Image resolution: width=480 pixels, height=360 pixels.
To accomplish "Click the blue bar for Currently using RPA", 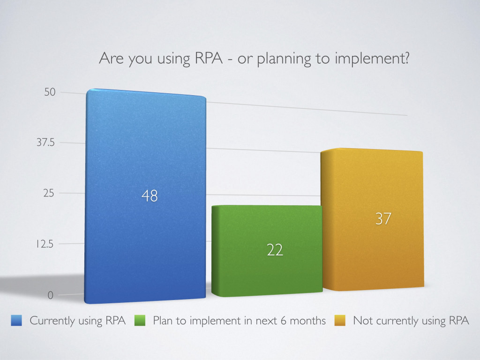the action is (x=145, y=196).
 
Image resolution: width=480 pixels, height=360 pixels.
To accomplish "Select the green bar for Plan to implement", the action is (x=267, y=251).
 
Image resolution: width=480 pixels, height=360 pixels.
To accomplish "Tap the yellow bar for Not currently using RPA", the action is (x=372, y=219).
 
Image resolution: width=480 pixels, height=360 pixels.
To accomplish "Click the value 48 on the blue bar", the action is (x=150, y=196).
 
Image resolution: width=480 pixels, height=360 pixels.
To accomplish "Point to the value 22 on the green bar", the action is (x=275, y=250).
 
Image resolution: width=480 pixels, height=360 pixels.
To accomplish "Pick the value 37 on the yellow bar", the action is (x=383, y=219).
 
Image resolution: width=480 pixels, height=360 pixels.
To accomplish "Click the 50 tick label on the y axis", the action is (x=50, y=92).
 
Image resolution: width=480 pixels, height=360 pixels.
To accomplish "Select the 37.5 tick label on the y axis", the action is (x=45, y=142).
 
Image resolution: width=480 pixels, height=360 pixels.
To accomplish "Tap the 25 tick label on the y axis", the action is (x=49, y=193).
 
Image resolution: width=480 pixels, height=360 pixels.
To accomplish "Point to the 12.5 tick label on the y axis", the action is (x=45, y=244).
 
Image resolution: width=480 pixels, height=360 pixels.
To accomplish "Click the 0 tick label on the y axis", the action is (x=51, y=295).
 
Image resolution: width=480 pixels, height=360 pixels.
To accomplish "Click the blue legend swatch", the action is (x=16, y=321).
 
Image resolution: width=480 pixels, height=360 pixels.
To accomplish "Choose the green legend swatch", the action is (x=140, y=321).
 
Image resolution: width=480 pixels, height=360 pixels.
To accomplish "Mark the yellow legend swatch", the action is (x=340, y=321).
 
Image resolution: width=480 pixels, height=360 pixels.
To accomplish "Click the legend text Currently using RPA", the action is (x=78, y=321).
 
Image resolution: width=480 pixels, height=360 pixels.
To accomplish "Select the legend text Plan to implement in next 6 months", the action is (x=240, y=321).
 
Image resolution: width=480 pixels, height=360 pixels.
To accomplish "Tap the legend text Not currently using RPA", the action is (x=411, y=321).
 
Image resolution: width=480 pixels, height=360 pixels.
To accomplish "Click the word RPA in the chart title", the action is (x=209, y=58).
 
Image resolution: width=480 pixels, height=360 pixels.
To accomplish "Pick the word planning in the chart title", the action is (x=284, y=59).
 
